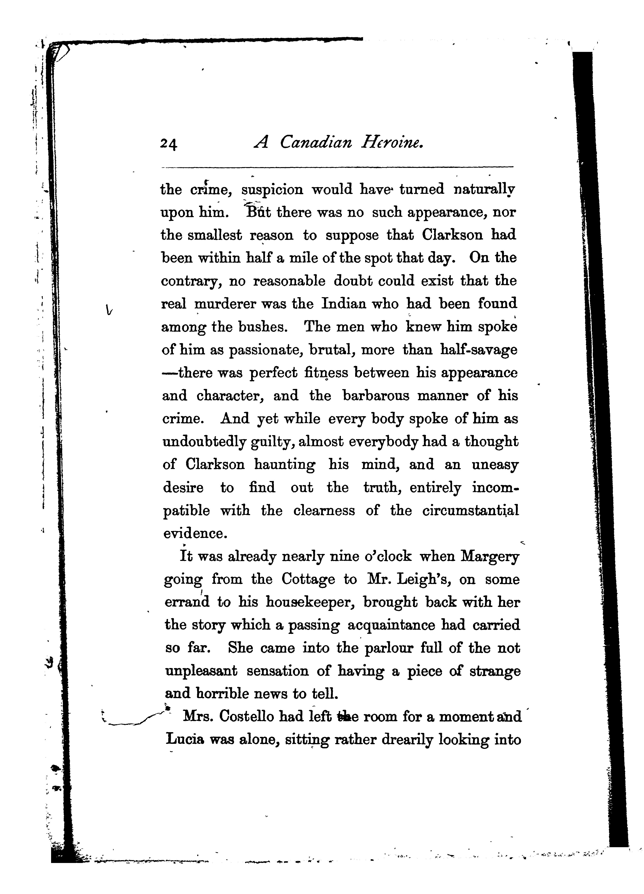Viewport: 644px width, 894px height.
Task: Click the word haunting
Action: pos(284,465)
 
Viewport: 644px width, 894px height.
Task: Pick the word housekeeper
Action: pos(310,603)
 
